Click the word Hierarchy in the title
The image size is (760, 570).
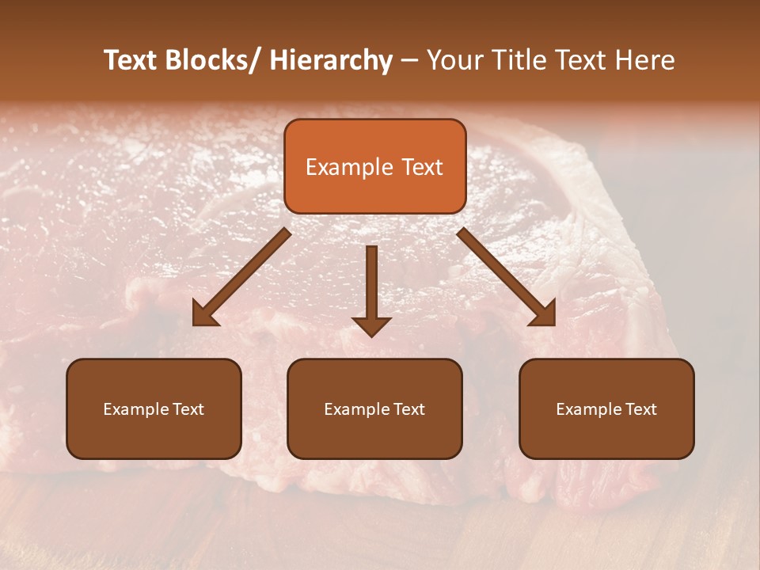(331, 60)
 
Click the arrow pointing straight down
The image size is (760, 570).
(371, 285)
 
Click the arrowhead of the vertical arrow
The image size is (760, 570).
(371, 325)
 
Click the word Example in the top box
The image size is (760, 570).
(349, 167)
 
